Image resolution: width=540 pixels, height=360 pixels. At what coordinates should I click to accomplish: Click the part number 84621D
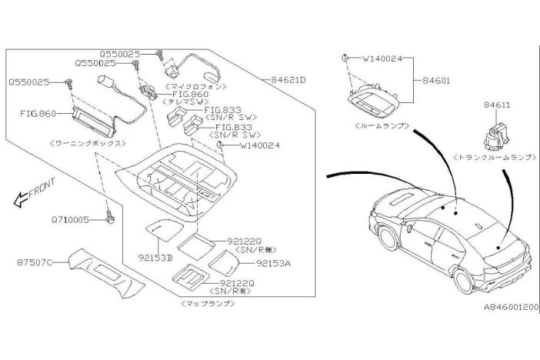(289, 79)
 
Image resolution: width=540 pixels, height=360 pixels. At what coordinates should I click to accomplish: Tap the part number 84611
(497, 105)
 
